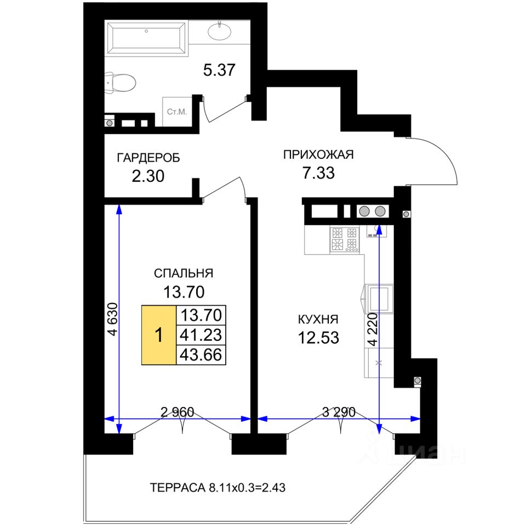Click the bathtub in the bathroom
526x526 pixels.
pyautogui.click(x=146, y=38)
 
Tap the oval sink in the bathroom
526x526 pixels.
pyautogui.click(x=219, y=31)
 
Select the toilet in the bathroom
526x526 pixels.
pyautogui.click(x=120, y=83)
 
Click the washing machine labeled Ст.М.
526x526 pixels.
pyautogui.click(x=177, y=112)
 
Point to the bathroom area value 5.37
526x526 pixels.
pyautogui.click(x=219, y=70)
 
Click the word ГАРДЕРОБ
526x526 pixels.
pyautogui.click(x=148, y=158)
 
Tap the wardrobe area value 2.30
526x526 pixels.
pyautogui.click(x=148, y=176)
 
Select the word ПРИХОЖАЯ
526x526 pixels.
pyautogui.click(x=318, y=155)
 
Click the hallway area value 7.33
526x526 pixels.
pyautogui.click(x=319, y=173)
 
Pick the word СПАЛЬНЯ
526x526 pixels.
pyautogui.click(x=184, y=273)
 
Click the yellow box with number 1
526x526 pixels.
pyautogui.click(x=159, y=335)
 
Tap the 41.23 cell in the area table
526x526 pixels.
pyautogui.click(x=201, y=335)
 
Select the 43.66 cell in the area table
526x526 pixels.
pyautogui.click(x=201, y=355)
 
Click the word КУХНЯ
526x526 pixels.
pyautogui.click(x=318, y=319)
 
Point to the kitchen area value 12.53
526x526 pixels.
pyautogui.click(x=318, y=338)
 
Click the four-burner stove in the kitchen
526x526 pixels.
pyautogui.click(x=345, y=239)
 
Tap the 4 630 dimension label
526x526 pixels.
pyautogui.click(x=113, y=319)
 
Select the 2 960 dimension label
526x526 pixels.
pyautogui.click(x=178, y=412)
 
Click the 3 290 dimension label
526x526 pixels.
pyautogui.click(x=339, y=412)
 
